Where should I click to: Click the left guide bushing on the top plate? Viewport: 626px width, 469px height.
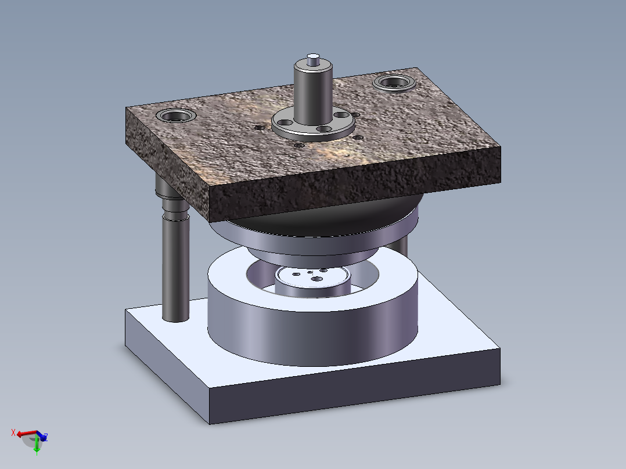175,116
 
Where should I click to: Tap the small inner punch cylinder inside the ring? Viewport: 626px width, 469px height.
313,287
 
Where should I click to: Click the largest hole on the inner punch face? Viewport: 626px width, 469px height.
318,279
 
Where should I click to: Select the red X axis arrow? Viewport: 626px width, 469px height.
26,434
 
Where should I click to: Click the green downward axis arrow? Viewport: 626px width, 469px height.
37,445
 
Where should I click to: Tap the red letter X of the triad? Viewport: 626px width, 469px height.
13,432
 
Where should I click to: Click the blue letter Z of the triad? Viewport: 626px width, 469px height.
46,437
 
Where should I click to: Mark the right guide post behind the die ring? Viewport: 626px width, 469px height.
403,247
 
